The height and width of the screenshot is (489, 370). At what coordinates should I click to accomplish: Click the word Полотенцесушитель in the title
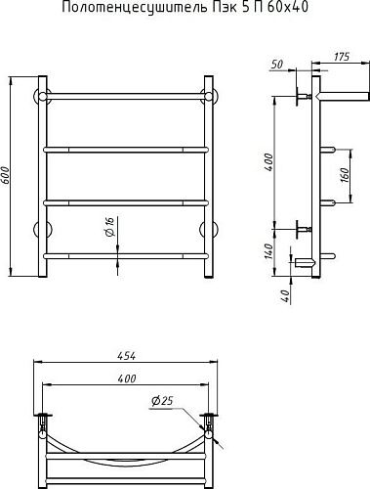pos(134,8)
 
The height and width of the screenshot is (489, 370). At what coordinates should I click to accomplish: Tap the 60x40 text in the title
pos(288,7)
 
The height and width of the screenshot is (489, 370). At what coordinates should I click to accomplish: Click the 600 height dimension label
pos(6,176)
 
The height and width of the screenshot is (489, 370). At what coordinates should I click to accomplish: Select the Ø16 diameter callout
pos(110,227)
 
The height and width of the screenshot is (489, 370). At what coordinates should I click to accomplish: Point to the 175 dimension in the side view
pos(342,57)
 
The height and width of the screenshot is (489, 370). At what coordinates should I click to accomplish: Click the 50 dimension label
pos(276,65)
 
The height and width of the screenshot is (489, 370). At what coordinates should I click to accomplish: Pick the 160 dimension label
pos(346,175)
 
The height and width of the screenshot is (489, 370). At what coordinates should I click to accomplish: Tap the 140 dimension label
pos(268,251)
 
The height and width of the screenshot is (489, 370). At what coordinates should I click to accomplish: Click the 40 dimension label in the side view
pos(285,295)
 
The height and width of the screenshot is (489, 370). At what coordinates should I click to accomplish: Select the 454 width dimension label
pos(126,356)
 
